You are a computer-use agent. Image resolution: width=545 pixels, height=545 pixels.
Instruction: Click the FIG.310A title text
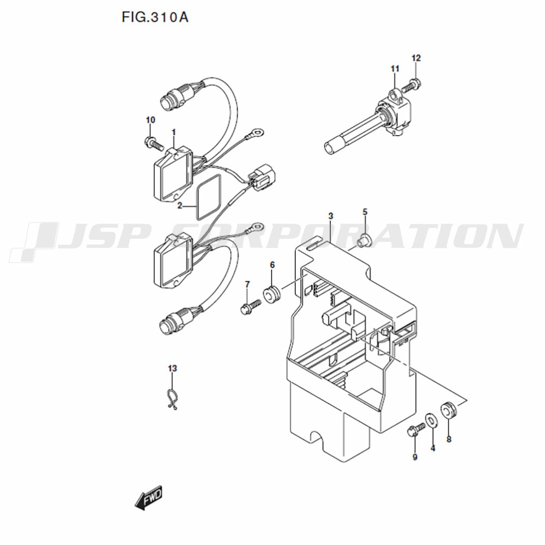[155, 17]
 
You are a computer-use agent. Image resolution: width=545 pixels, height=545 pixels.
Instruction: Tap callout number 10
[150, 120]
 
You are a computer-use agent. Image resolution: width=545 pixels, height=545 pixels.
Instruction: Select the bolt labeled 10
[153, 143]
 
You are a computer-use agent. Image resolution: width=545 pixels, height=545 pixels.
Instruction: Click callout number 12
[416, 58]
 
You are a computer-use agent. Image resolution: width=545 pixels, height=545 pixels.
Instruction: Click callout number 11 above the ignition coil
[395, 69]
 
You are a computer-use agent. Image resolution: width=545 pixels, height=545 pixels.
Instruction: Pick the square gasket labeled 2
[209, 197]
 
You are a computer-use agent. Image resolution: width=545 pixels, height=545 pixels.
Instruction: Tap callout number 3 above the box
[331, 216]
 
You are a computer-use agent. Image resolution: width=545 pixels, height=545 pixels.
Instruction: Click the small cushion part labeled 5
[365, 240]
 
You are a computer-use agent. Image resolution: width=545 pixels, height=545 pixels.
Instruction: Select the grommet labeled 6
[272, 294]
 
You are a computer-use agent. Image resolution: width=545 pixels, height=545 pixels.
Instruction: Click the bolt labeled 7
[250, 306]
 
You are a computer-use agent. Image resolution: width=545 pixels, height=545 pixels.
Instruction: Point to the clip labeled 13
[172, 398]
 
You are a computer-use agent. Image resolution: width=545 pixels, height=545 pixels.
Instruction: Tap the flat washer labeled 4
[431, 421]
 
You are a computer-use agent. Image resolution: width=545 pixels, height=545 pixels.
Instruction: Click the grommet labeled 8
[449, 409]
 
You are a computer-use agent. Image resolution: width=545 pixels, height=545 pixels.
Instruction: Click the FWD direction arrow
[148, 498]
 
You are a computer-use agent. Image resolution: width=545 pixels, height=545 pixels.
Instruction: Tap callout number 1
[173, 132]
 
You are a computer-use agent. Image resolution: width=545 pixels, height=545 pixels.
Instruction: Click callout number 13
[172, 368]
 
